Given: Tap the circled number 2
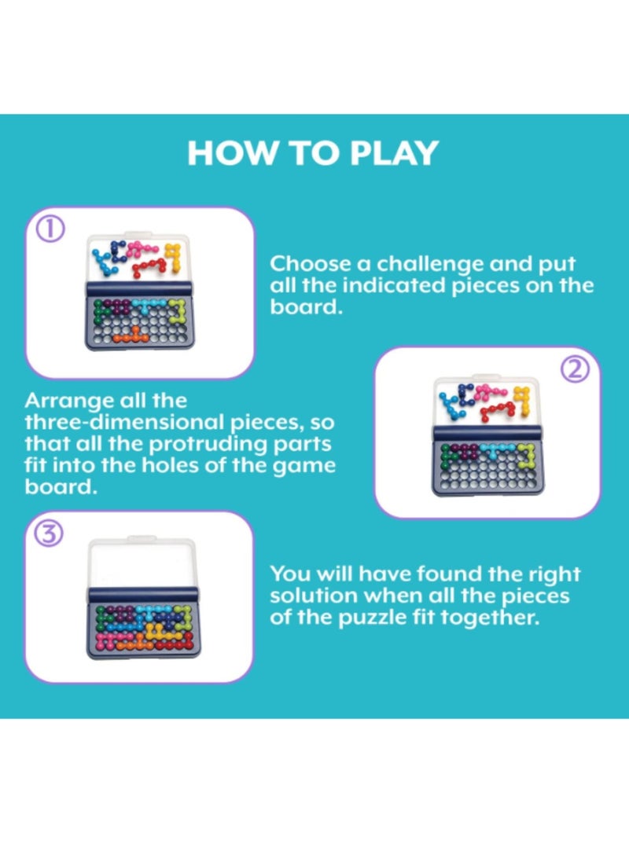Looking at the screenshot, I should [x=576, y=369].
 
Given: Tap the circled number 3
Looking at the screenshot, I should [x=50, y=533].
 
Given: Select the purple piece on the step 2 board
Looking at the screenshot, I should [x=464, y=450].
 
